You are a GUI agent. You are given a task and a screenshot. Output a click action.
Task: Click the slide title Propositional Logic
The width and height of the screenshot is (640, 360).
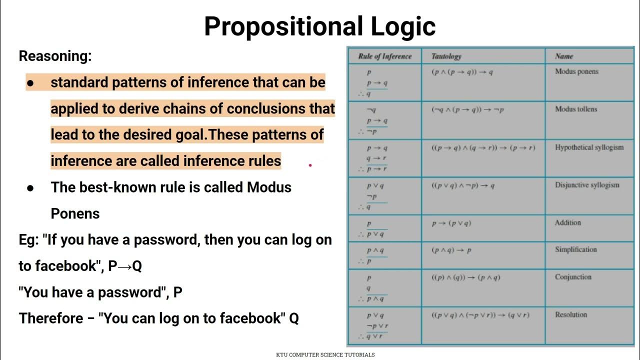(319, 26)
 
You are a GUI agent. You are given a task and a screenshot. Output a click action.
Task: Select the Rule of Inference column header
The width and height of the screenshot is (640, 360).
(384, 56)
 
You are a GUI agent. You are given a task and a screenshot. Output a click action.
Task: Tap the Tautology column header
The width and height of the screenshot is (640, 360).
(446, 56)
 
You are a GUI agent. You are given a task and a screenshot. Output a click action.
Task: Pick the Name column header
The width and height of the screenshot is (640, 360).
(564, 56)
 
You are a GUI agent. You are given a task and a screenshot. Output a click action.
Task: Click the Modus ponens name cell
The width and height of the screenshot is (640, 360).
(576, 71)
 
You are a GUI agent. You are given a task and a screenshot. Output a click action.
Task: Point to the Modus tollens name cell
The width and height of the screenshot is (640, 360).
(576, 109)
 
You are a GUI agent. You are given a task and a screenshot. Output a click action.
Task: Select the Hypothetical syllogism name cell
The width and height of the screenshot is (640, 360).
(589, 147)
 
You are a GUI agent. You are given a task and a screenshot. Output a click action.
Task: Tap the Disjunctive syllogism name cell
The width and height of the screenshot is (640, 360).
(587, 185)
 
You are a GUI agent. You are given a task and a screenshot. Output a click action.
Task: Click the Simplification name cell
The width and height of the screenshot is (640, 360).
(575, 249)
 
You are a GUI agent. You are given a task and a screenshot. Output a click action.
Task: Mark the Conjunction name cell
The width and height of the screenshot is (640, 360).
(573, 277)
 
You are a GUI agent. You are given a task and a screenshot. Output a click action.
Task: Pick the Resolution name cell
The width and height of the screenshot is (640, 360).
(570, 315)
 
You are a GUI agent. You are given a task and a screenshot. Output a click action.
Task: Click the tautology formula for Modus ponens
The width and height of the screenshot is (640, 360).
(462, 72)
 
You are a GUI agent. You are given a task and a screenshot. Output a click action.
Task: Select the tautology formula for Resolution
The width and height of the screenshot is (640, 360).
(480, 315)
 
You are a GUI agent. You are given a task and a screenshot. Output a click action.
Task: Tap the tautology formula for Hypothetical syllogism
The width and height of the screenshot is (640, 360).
(483, 148)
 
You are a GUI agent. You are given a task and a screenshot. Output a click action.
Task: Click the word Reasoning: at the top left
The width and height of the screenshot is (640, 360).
(55, 56)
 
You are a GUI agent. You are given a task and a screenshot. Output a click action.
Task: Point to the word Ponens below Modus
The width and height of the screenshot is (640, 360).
(75, 213)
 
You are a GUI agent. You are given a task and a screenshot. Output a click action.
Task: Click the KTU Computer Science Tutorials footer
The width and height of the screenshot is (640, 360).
(325, 355)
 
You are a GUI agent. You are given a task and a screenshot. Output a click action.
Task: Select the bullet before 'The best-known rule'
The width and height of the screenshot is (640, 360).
(30, 188)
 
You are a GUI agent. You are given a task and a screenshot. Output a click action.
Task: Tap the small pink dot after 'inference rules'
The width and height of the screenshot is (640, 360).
(310, 164)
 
